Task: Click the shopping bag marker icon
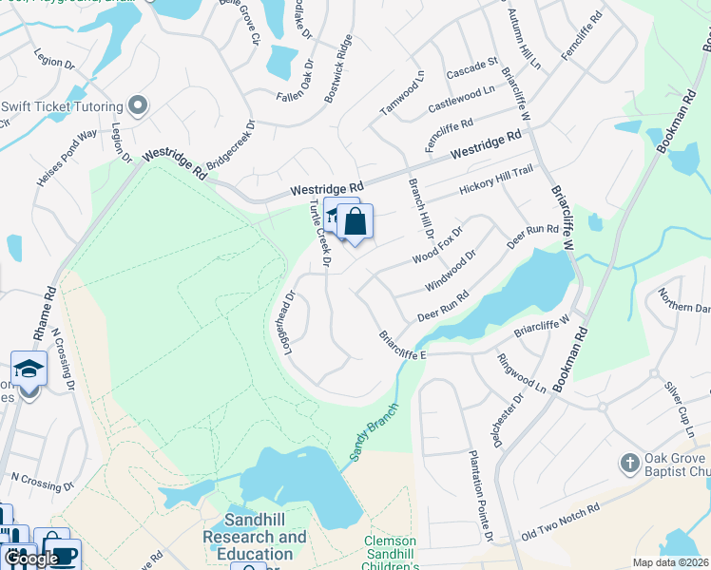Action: [355, 223]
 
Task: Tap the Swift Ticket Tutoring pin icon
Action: [138, 105]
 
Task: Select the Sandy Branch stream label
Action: [372, 433]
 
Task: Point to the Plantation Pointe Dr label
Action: [478, 496]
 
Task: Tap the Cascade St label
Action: [472, 65]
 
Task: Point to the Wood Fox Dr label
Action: [436, 246]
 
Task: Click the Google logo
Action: [32, 559]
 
